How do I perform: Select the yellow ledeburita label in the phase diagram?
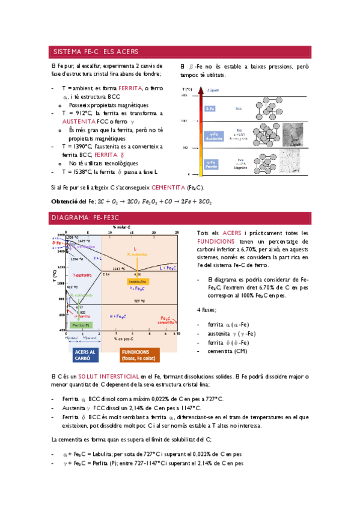coord(138,281)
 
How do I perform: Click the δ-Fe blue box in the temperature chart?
coord(210,109)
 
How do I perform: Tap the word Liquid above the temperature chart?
coord(213,90)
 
